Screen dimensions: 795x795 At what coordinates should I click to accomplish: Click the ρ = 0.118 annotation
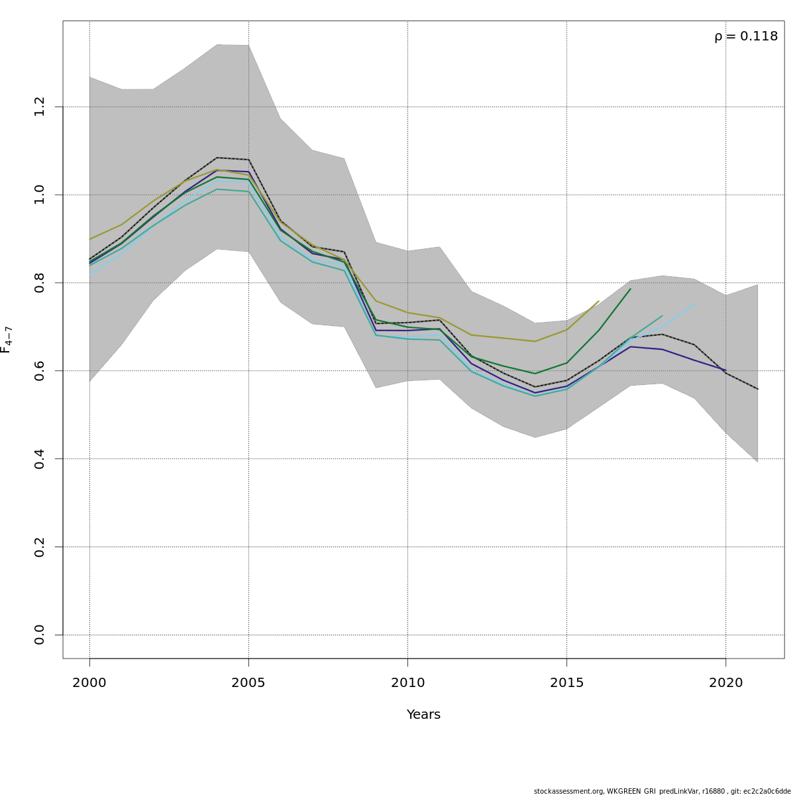pyautogui.click(x=746, y=36)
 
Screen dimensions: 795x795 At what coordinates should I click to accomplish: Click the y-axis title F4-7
pyautogui.click(x=6, y=339)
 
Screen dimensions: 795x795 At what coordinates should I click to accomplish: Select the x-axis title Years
pyautogui.click(x=423, y=715)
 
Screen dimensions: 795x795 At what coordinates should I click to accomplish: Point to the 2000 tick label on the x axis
pyautogui.click(x=89, y=683)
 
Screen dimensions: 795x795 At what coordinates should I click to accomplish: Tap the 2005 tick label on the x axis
pyautogui.click(x=248, y=683)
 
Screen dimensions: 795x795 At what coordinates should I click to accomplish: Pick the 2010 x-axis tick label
pyautogui.click(x=407, y=683)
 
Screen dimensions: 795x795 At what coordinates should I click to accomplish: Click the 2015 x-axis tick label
pyautogui.click(x=566, y=683)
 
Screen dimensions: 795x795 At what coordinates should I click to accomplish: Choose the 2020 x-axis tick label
pyautogui.click(x=725, y=683)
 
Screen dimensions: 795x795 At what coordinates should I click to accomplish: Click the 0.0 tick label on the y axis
pyautogui.click(x=40, y=635)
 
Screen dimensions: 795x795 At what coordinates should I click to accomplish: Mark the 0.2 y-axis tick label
pyautogui.click(x=40, y=547)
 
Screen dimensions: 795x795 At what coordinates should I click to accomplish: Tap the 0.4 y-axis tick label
pyautogui.click(x=40, y=458)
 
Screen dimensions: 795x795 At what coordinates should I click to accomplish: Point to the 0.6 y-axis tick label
pyautogui.click(x=40, y=370)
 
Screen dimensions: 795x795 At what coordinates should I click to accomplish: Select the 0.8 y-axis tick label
pyautogui.click(x=40, y=283)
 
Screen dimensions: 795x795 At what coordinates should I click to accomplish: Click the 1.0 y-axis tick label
pyautogui.click(x=40, y=195)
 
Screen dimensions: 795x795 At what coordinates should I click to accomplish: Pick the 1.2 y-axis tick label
pyautogui.click(x=40, y=107)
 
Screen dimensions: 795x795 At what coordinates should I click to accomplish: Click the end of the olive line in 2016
pyautogui.click(x=598, y=301)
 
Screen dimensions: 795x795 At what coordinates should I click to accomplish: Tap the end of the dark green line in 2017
pyautogui.click(x=630, y=289)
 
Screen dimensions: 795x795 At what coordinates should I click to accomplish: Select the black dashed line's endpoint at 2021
pyautogui.click(x=757, y=389)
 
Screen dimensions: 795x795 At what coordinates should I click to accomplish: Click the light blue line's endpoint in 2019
pyautogui.click(x=694, y=305)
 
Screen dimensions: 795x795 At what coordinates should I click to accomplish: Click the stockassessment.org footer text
pyautogui.click(x=662, y=791)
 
